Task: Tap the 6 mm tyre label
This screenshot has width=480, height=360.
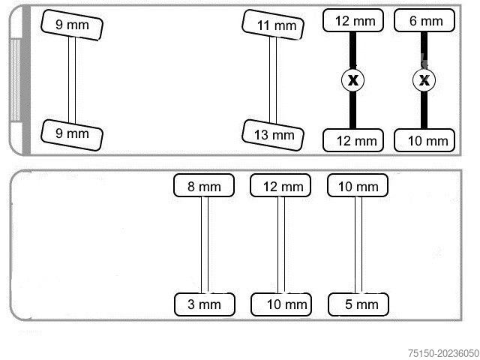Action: click(424, 21)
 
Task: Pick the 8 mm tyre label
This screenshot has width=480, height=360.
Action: click(204, 186)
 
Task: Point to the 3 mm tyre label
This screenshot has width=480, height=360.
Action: click(204, 304)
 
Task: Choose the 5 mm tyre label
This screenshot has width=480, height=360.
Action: click(358, 304)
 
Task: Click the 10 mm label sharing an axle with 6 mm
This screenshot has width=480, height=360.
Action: click(424, 140)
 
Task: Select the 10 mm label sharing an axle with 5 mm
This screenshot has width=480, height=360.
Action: click(358, 186)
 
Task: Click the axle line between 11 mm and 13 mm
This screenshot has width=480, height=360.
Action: click(274, 79)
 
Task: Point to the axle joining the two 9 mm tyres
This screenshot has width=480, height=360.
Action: click(72, 79)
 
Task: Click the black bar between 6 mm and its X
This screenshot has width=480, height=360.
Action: click(424, 49)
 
